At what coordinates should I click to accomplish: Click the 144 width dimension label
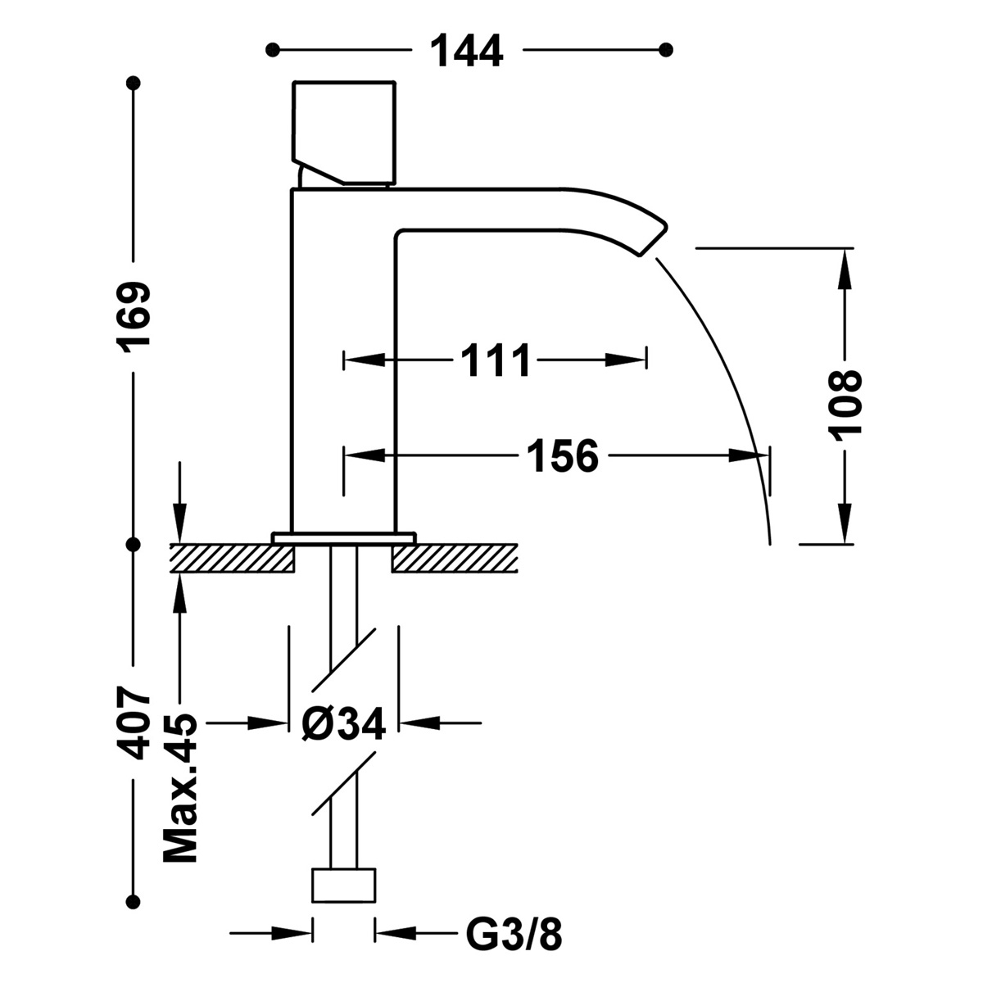(x=466, y=51)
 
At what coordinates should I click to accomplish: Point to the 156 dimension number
(x=562, y=455)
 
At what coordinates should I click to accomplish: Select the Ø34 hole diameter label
(x=343, y=723)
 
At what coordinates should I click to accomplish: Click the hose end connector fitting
(x=344, y=885)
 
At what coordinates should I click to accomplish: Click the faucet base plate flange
(x=344, y=537)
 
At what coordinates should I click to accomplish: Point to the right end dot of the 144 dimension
(x=666, y=49)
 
